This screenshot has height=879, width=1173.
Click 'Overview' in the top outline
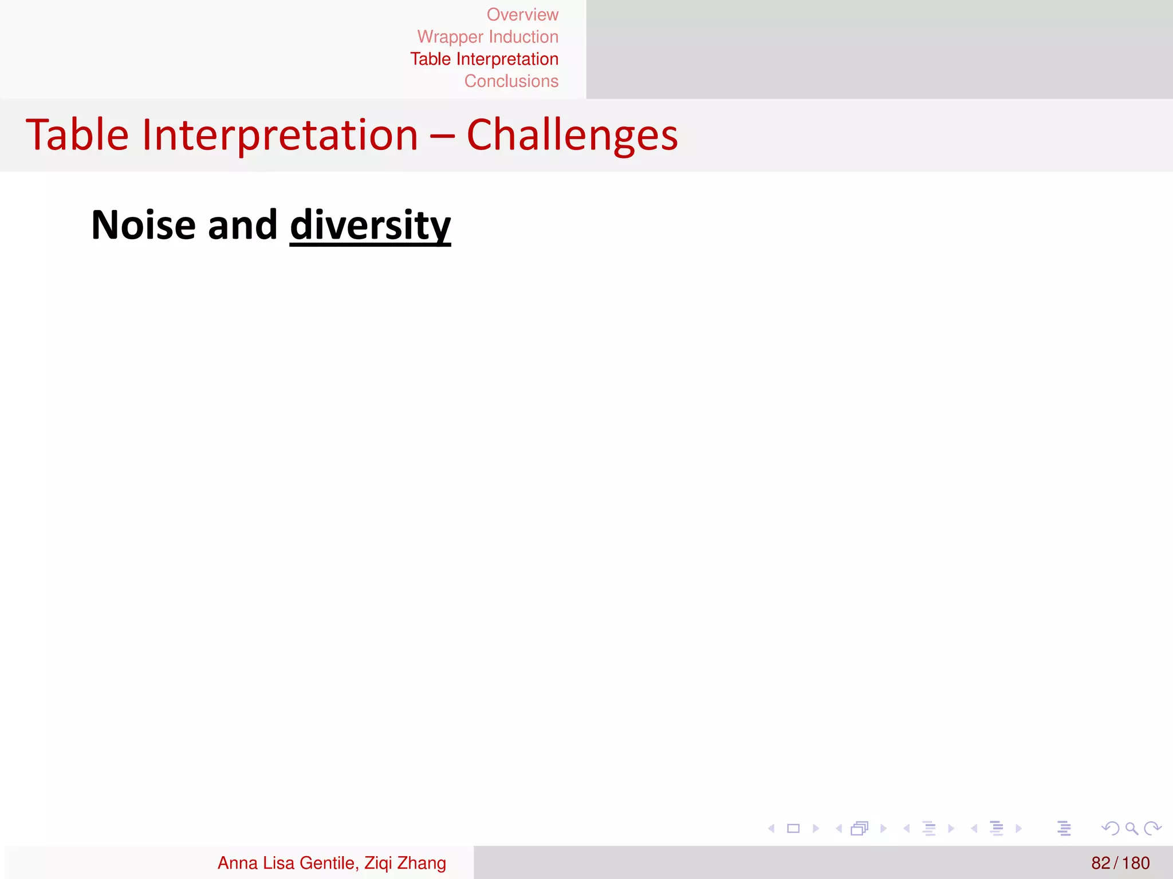tap(522, 14)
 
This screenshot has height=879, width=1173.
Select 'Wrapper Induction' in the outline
tap(487, 37)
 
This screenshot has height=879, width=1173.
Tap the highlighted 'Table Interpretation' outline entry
tap(484, 59)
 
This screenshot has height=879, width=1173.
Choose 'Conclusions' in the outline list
tap(511, 81)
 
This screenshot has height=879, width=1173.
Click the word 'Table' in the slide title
tap(77, 135)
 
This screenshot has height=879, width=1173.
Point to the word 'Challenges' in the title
tap(572, 135)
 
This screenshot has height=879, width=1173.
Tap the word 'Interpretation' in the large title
tap(280, 135)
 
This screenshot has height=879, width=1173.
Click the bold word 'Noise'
tap(144, 225)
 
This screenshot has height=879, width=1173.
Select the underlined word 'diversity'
tap(370, 225)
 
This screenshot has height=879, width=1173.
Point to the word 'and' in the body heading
tap(242, 225)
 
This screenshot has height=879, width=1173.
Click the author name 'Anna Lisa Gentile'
tap(286, 863)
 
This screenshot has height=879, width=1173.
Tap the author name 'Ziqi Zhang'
tap(405, 863)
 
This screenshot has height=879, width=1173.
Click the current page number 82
tap(1100, 863)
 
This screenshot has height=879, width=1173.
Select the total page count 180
tap(1136, 863)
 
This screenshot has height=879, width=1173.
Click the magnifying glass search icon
tap(1131, 828)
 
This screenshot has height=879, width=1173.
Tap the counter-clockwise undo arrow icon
tap(1110, 828)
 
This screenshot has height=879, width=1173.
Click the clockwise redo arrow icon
tap(1152, 828)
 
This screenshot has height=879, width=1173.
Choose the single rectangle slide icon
tap(793, 828)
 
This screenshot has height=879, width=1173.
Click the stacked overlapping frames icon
tap(860, 828)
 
